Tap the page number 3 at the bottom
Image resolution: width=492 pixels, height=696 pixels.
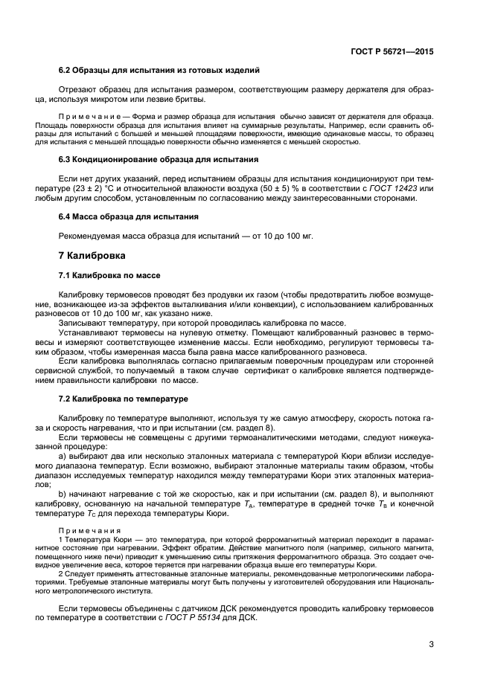(431, 644)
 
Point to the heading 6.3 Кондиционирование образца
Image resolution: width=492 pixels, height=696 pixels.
(159, 159)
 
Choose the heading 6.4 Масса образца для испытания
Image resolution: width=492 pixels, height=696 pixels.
(129, 216)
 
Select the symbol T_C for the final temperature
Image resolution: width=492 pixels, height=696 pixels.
(105, 513)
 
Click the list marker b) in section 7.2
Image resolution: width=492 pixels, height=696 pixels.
(62, 494)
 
